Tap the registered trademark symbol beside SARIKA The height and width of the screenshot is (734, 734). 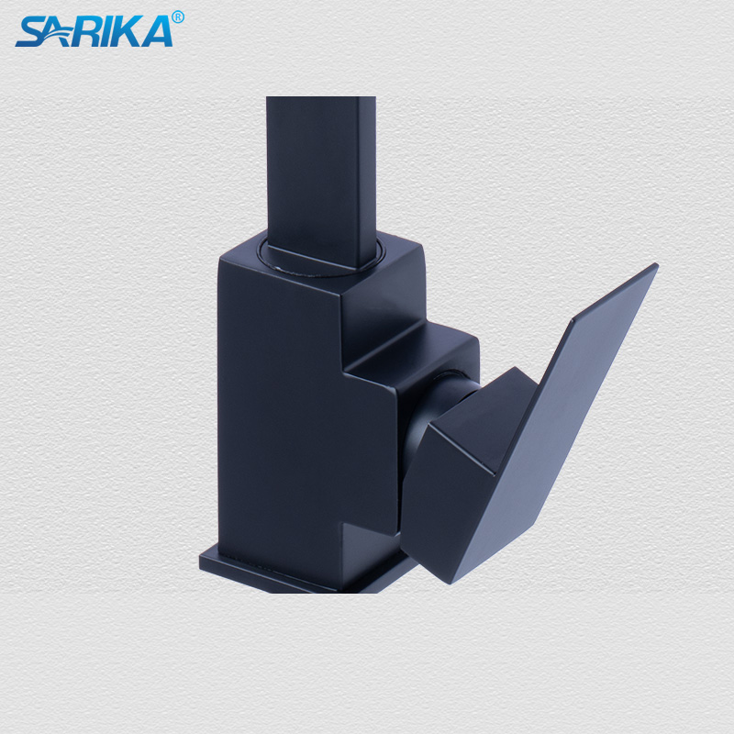click(177, 17)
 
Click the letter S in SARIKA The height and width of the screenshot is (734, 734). click(28, 32)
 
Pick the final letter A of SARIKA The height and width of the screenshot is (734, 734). click(158, 32)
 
